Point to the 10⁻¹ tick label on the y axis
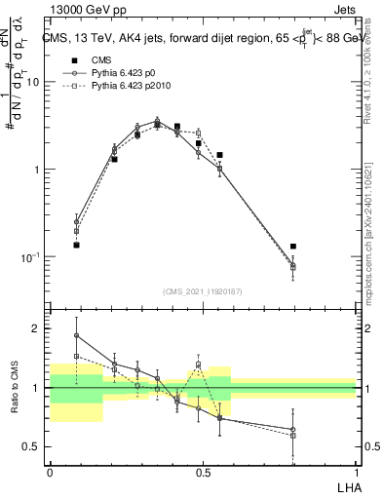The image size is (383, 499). click(29, 256)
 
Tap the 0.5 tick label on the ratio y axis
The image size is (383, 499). click(31, 446)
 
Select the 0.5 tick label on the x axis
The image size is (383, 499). click(203, 473)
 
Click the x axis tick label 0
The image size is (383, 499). click(50, 473)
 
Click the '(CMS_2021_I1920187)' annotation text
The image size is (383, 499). click(203, 290)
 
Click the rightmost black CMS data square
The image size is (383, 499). click(293, 247)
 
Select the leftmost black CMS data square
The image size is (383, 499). click(76, 245)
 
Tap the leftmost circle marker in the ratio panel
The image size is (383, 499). click(76, 335)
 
